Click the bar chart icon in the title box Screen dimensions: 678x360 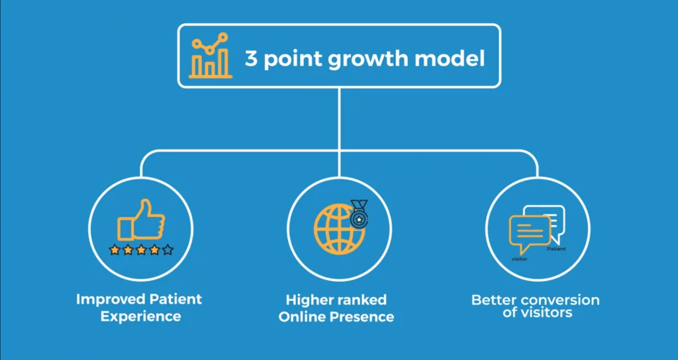click(211, 56)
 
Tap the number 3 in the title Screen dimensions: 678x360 click(251, 58)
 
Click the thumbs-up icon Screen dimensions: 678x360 click(141, 220)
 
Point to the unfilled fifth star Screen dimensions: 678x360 click(168, 249)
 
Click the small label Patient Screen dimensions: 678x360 click(556, 249)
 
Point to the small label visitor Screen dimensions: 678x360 click(519, 259)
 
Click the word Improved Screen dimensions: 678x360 click(111, 300)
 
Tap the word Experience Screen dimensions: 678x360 click(141, 316)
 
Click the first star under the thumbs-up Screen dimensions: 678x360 click(114, 249)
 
